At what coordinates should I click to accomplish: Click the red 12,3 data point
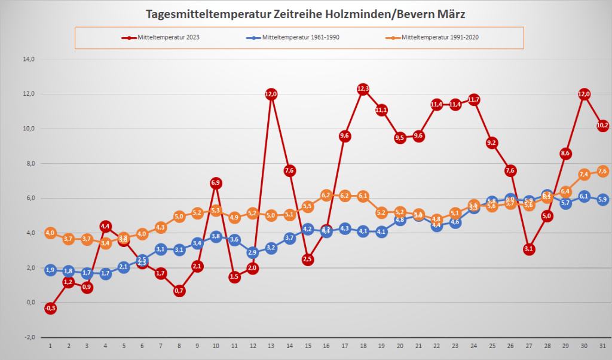pos(363,89)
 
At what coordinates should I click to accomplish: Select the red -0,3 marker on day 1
pos(50,308)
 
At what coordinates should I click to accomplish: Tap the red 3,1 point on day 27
pos(529,249)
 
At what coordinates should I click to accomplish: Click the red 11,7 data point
pos(474,99)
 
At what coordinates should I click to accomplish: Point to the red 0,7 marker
pos(179,291)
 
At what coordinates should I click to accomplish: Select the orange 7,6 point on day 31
pos(603,171)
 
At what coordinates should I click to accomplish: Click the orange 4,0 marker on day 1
pos(50,233)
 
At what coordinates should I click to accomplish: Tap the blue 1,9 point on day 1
pos(50,270)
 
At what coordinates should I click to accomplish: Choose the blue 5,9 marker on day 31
pos(603,200)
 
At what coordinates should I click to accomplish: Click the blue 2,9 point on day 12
pos(253,252)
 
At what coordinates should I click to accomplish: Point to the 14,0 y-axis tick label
pos(29,59)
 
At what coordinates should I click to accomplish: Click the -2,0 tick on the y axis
pos(29,337)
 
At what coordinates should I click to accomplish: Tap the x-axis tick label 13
pos(271,346)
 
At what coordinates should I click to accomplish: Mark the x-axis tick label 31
pos(603,346)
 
